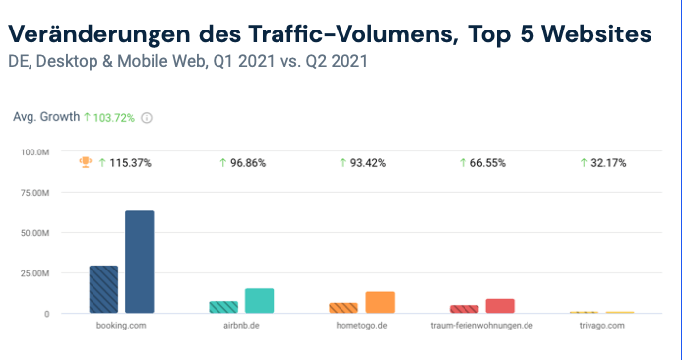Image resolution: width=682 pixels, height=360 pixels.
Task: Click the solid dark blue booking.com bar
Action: [x=139, y=262]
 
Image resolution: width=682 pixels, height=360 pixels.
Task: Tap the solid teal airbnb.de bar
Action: [x=259, y=301]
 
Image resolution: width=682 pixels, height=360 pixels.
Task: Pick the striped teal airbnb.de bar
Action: [x=223, y=307]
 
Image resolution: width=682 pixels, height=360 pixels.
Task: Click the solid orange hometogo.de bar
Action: [x=380, y=302]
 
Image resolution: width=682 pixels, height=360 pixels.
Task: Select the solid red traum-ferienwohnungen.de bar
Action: [x=500, y=306]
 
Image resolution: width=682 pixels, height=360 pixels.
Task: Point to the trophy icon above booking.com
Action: [x=85, y=162]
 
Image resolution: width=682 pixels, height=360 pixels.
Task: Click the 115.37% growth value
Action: [x=130, y=162]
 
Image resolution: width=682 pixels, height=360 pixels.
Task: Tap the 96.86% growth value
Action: [x=249, y=162]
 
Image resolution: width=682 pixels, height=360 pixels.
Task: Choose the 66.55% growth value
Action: [x=489, y=162]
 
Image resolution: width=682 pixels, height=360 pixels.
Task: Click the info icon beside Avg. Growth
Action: [x=147, y=118]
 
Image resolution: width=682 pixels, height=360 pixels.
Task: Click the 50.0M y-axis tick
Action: [x=36, y=233]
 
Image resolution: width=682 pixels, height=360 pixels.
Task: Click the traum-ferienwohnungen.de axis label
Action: [x=482, y=326]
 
